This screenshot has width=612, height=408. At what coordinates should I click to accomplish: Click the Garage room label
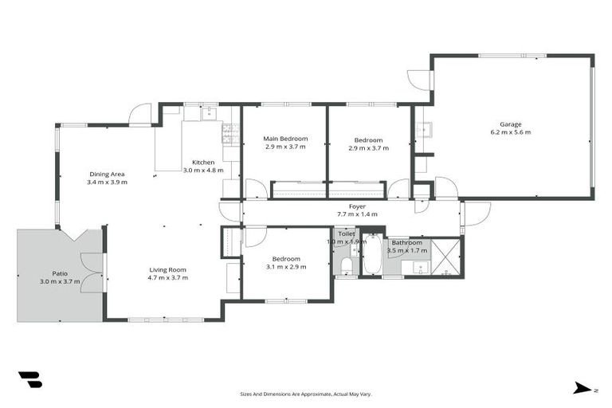[511, 124]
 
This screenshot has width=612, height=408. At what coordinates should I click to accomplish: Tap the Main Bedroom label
[285, 139]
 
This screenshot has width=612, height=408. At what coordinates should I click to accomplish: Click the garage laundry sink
[424, 130]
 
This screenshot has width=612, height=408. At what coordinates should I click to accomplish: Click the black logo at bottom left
[29, 380]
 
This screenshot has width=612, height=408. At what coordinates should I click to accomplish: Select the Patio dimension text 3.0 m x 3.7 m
[55, 282]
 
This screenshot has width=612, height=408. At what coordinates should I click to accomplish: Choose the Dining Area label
[108, 174]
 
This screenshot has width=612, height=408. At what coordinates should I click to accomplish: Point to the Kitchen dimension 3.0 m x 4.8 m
[203, 170]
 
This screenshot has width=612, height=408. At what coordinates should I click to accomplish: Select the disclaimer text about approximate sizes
[305, 394]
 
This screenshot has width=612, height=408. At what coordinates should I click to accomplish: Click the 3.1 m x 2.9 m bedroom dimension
[286, 267]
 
